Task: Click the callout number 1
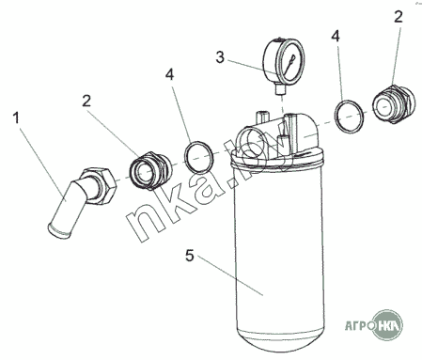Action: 16,118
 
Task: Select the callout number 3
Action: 220,57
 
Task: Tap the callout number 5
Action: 190,256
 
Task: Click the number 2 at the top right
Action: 398,16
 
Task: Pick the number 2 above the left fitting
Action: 86,101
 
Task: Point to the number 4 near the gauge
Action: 336,37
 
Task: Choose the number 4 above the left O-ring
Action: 169,74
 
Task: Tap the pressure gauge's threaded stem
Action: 280,90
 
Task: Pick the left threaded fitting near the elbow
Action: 150,171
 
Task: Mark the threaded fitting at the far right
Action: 394,103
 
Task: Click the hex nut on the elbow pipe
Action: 99,186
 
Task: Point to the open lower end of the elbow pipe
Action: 58,231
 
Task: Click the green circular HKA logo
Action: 388,325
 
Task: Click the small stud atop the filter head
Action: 261,117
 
